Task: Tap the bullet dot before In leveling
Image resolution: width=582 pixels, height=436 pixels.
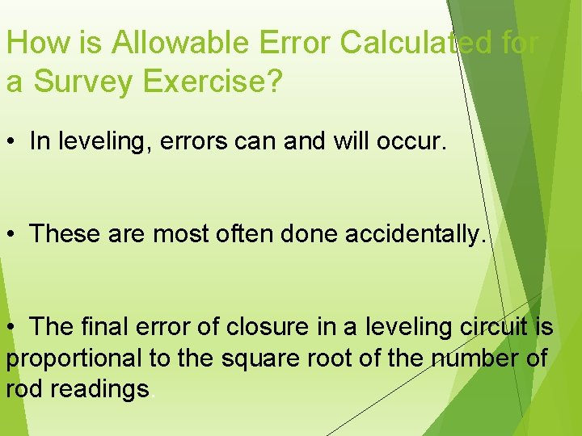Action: tap(11, 142)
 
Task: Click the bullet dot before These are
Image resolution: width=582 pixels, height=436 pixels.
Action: tap(11, 235)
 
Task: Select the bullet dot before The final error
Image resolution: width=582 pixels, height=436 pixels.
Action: tap(11, 328)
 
